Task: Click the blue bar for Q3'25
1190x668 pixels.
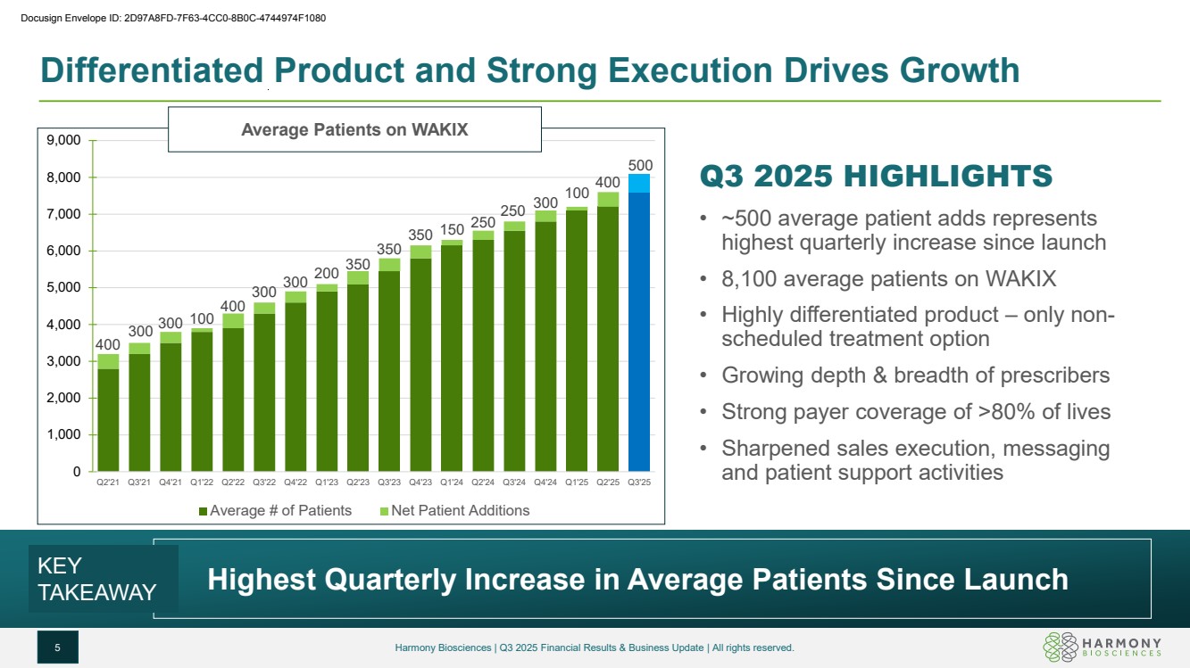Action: click(639, 330)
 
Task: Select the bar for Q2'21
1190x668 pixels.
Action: click(108, 419)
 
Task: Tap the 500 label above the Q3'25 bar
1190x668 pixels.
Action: click(639, 166)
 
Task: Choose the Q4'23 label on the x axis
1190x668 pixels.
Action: click(420, 482)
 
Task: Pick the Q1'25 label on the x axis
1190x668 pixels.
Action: click(577, 482)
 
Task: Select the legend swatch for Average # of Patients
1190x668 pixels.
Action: click(203, 511)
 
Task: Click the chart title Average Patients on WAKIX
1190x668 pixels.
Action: click(354, 129)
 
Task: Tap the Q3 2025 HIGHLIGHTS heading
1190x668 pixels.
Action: click(877, 176)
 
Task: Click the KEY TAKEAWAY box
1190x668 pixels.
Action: click(97, 579)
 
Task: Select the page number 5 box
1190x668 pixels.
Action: click(57, 647)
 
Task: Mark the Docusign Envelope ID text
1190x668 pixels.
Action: click(168, 17)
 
